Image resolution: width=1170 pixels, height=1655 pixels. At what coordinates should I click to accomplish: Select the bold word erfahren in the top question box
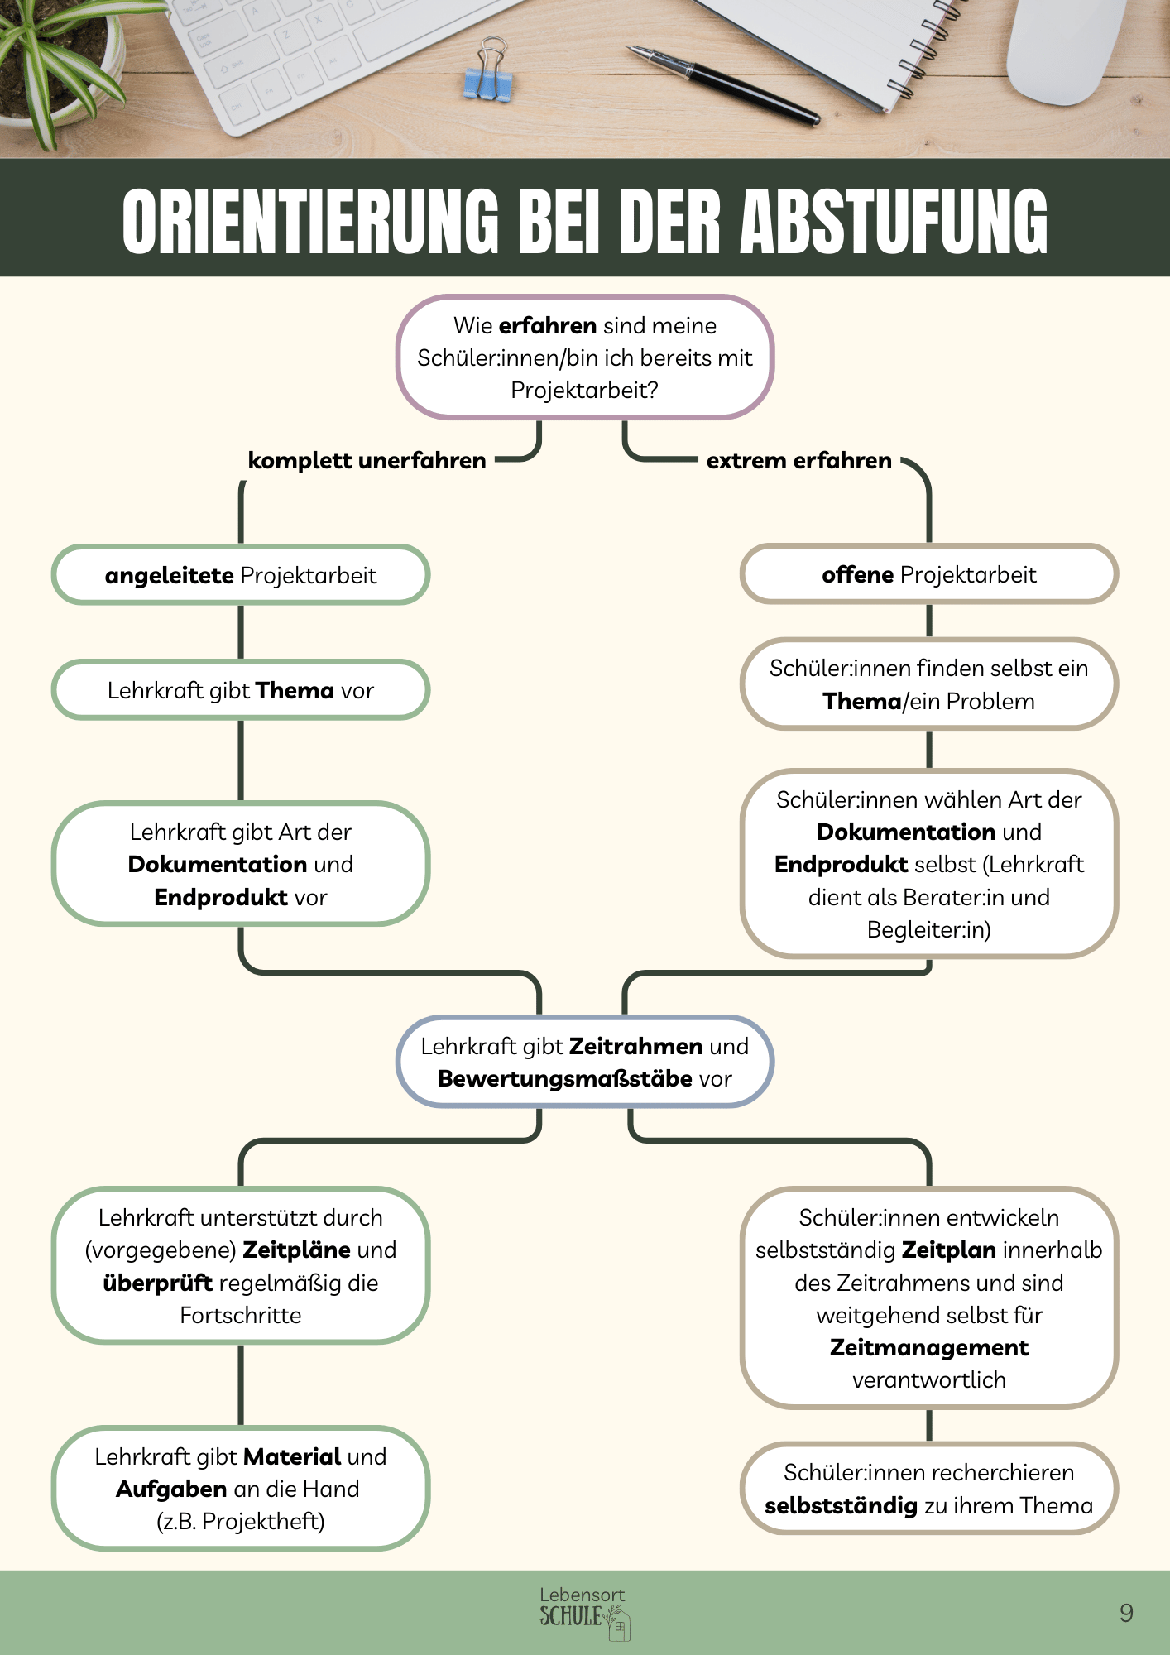(x=548, y=325)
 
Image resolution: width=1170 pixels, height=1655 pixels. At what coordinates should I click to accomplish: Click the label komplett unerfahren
(x=367, y=460)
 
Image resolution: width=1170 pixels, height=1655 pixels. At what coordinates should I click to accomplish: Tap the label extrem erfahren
(x=798, y=460)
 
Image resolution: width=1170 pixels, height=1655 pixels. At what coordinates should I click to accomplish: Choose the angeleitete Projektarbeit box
(x=241, y=575)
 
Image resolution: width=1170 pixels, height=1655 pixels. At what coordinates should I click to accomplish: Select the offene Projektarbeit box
(x=928, y=574)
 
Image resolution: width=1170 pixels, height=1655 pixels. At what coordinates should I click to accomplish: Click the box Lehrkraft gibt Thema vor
(x=241, y=690)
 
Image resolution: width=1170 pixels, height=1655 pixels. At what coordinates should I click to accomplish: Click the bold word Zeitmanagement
(x=928, y=1347)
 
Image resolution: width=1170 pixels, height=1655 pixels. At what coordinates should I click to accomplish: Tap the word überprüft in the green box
(x=157, y=1283)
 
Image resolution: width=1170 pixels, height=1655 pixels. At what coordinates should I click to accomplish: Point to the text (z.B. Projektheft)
(x=241, y=1521)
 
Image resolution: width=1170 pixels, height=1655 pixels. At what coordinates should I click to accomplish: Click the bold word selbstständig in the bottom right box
(x=841, y=1505)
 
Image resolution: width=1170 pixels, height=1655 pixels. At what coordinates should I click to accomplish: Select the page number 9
(x=1126, y=1612)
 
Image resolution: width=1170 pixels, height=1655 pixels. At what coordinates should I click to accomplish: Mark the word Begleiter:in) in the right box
(x=928, y=929)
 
